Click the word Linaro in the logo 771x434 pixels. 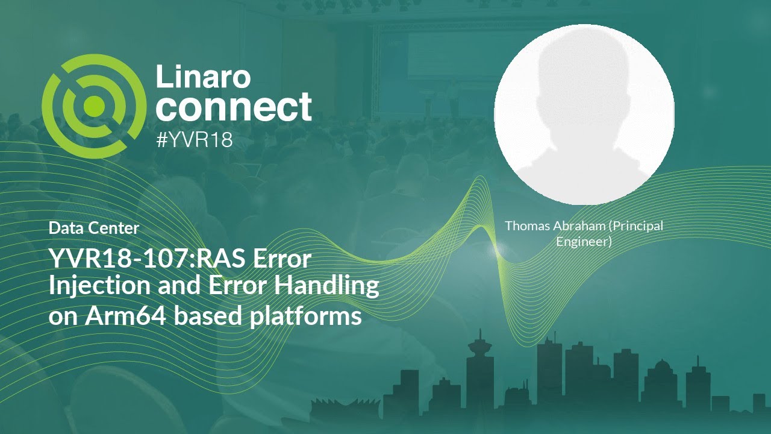click(203, 76)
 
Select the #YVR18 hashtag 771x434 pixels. click(194, 140)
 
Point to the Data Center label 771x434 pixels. click(94, 228)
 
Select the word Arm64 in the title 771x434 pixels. click(125, 315)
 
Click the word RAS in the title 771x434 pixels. click(222, 259)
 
